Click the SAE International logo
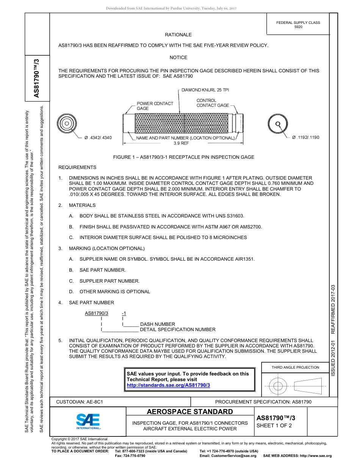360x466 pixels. pyautogui.click(x=88, y=421)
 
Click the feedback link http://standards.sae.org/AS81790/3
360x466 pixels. pyautogui.click(x=168, y=385)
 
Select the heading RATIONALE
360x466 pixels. pyautogui.click(x=178, y=35)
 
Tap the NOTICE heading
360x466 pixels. pyautogui.click(x=178, y=58)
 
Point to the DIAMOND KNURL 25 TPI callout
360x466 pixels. pyautogui.click(x=205, y=90)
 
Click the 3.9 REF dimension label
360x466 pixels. pyautogui.click(x=181, y=144)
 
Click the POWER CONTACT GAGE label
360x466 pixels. pyautogui.click(x=155, y=106)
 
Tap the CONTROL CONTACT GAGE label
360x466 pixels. pyautogui.click(x=213, y=103)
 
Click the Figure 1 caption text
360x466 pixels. pyautogui.click(x=184, y=157)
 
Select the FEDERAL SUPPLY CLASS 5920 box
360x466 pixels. pyautogui.click(x=298, y=25)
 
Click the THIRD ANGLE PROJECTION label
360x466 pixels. pyautogui.click(x=295, y=367)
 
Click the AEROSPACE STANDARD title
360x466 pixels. pyautogui.click(x=190, y=412)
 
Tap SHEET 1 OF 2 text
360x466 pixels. pyautogui.click(x=274, y=425)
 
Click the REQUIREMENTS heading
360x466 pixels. pyautogui.click(x=77, y=167)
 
